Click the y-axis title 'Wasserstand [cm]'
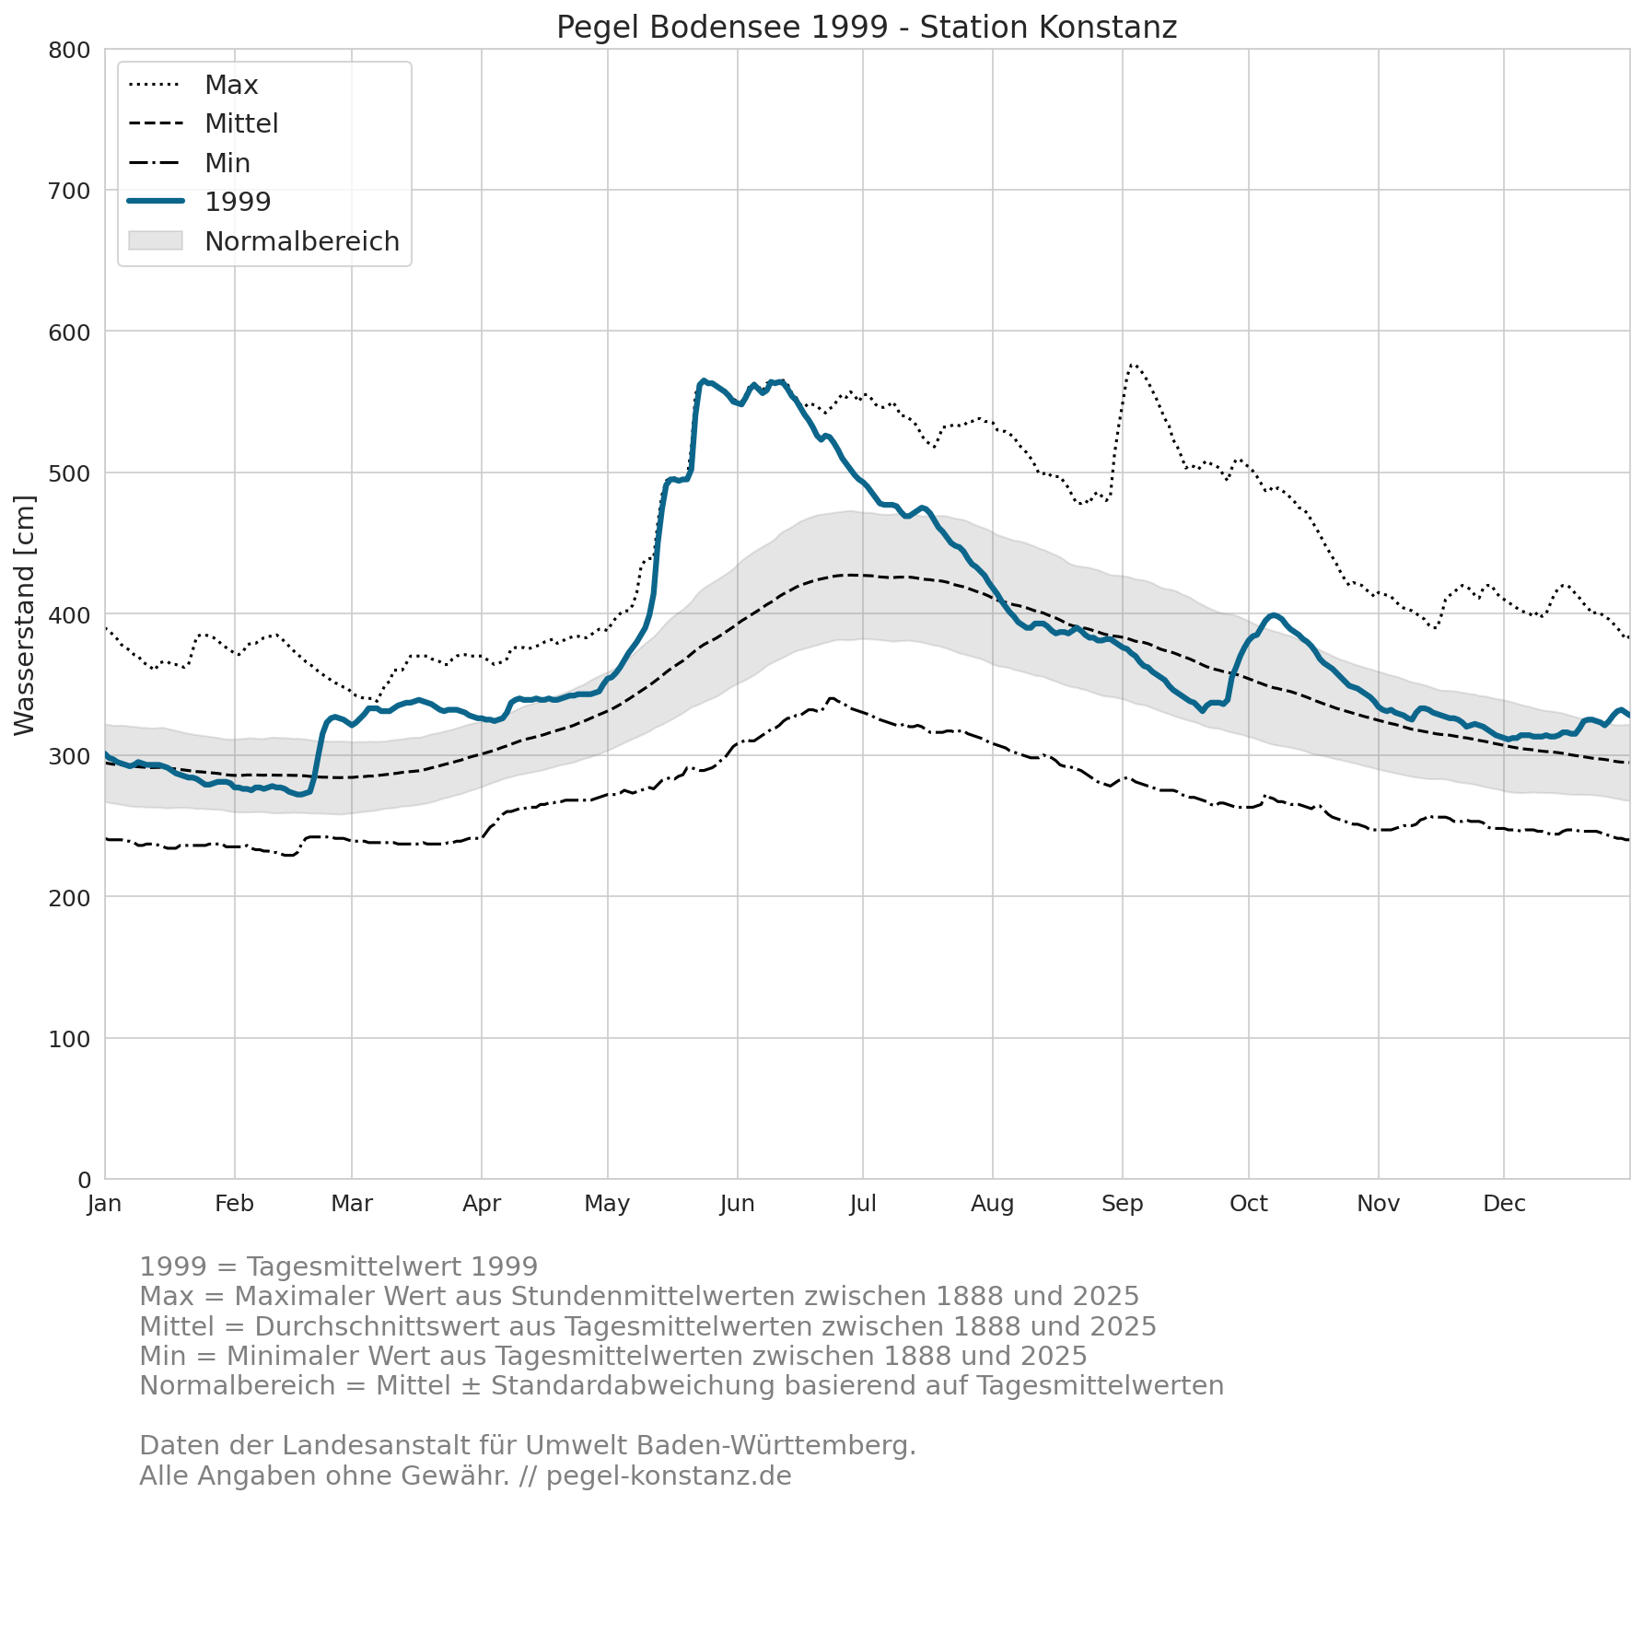(25, 615)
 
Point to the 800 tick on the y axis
(69, 50)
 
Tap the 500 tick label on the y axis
(69, 473)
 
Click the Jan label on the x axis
(105, 1204)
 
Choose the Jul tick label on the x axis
(863, 1204)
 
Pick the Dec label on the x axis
(1504, 1204)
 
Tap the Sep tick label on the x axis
(1123, 1204)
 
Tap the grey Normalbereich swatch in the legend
(156, 241)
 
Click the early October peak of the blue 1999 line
(1274, 615)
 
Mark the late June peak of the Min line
(832, 699)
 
